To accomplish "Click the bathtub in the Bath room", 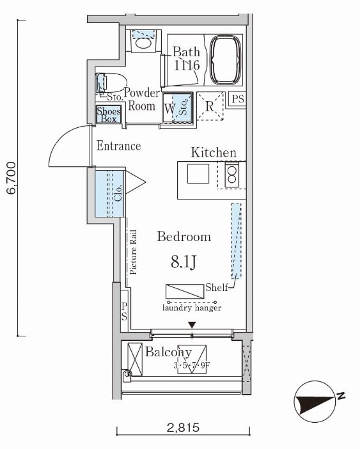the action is (225, 60).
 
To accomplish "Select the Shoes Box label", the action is (109, 114).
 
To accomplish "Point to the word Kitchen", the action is (214, 152).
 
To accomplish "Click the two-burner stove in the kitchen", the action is (232, 175).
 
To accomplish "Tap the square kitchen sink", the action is (198, 173).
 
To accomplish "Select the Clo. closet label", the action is (118, 193).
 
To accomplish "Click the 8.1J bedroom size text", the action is (184, 262).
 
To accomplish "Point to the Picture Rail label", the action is (133, 252).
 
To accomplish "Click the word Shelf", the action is (217, 287).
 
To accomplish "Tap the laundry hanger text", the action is (192, 308).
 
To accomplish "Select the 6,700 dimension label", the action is (12, 178).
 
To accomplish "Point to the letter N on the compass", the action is (341, 396).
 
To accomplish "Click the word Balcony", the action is (169, 352).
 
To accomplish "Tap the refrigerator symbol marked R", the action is (210, 106).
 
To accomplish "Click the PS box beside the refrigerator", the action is (238, 99).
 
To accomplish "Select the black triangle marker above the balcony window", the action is (192, 325).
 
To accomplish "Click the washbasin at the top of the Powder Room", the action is (143, 43).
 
